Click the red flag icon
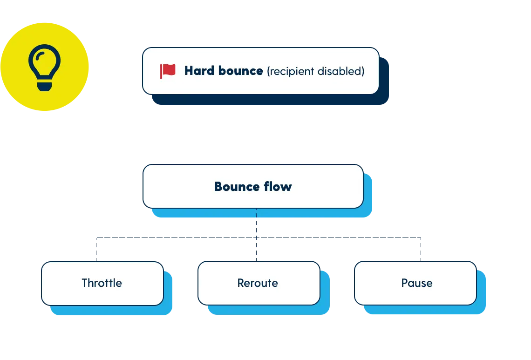click(168, 71)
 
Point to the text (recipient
click(291, 71)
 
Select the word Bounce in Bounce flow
click(235, 187)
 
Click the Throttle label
click(102, 283)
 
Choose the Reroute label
click(258, 283)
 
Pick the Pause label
click(417, 283)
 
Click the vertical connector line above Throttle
click(95, 249)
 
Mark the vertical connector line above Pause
click(420, 249)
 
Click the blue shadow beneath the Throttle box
click(112, 311)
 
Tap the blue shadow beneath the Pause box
click(424, 311)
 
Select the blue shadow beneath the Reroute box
click(268, 311)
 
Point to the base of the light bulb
click(44, 86)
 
